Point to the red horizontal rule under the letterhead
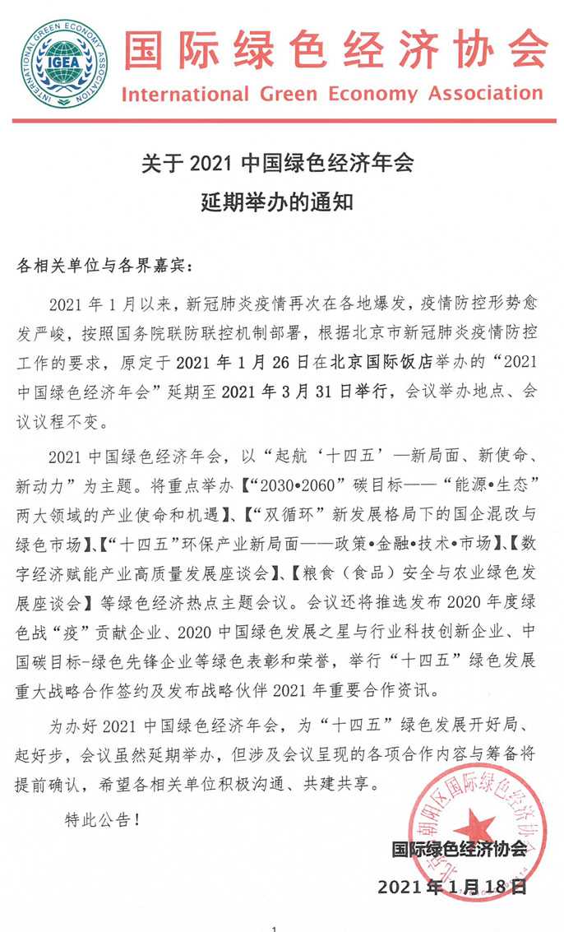click(x=282, y=121)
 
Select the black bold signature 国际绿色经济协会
click(x=458, y=850)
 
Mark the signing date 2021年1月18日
click(x=451, y=888)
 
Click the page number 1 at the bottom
click(x=274, y=928)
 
